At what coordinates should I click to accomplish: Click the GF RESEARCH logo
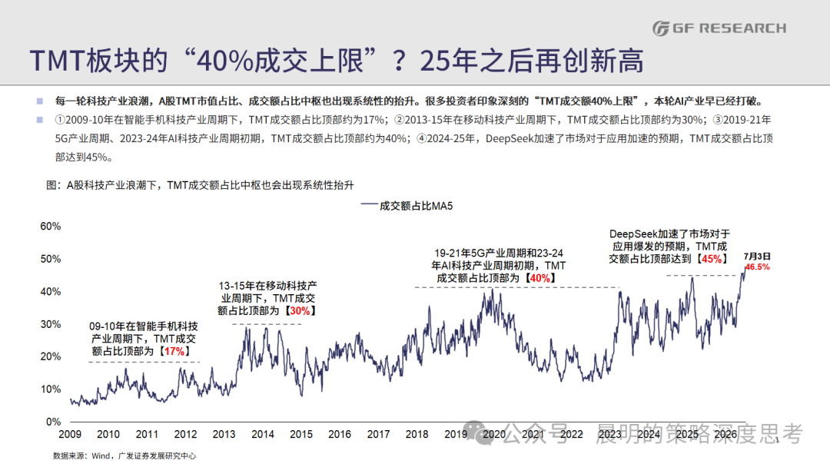(x=719, y=28)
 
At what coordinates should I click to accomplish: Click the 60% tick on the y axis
(x=51, y=227)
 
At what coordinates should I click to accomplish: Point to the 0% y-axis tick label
(x=54, y=422)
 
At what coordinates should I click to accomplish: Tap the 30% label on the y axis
(x=51, y=324)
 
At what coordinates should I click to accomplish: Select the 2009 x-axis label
(x=70, y=434)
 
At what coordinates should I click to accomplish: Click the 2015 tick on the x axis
(x=301, y=434)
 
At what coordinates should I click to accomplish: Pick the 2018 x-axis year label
(x=417, y=434)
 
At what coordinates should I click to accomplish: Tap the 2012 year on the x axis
(x=185, y=434)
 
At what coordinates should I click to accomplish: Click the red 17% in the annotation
(x=174, y=351)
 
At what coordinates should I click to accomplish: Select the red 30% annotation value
(x=300, y=310)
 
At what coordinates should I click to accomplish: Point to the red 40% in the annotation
(x=540, y=278)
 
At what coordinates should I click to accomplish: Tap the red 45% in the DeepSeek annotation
(x=712, y=259)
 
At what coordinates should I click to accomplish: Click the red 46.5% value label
(x=758, y=267)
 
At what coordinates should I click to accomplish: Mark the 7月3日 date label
(x=757, y=257)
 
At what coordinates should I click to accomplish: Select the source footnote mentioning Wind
(x=124, y=456)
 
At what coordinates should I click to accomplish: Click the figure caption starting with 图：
(x=200, y=185)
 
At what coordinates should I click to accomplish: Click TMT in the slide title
(x=58, y=60)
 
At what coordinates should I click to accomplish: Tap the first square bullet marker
(x=40, y=101)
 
